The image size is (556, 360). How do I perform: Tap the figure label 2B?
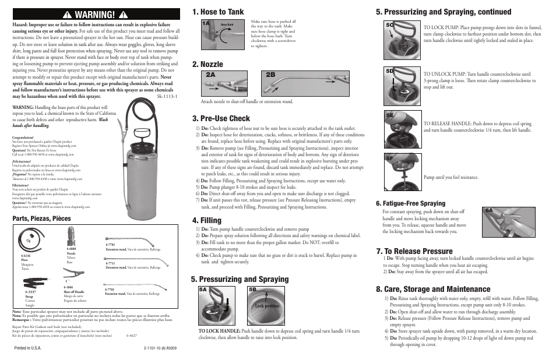(x=270, y=75)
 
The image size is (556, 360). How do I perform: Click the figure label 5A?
(x=203, y=290)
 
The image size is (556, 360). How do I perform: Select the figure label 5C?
(x=390, y=25)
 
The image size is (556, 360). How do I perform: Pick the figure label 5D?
(x=390, y=70)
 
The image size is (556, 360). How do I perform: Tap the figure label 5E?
(x=390, y=115)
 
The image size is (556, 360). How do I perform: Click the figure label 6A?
(x=490, y=210)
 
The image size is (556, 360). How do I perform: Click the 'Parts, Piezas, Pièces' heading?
(x=41, y=218)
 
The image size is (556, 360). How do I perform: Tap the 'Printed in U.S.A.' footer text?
(x=29, y=349)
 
